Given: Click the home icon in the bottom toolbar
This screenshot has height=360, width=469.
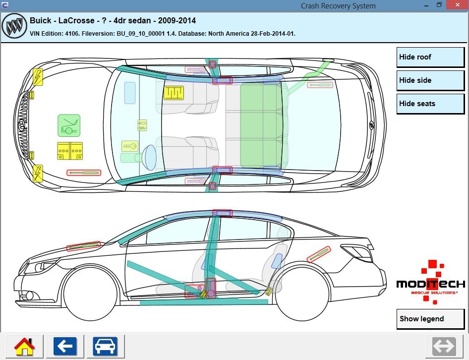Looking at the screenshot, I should (24, 346).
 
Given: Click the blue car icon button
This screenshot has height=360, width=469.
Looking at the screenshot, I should (105, 346).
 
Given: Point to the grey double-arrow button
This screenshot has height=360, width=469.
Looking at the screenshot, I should (444, 346).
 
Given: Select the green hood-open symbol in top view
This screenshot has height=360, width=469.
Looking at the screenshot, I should (69, 125).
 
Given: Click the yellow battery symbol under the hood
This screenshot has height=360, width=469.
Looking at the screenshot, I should (69, 151).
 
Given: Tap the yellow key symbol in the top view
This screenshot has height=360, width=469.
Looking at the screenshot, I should (129, 146).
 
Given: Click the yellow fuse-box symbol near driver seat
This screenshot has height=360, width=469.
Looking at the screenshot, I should (174, 93).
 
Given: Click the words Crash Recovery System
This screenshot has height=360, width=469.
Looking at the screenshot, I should (338, 6).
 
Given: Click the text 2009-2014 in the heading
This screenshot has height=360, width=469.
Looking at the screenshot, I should (177, 21).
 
